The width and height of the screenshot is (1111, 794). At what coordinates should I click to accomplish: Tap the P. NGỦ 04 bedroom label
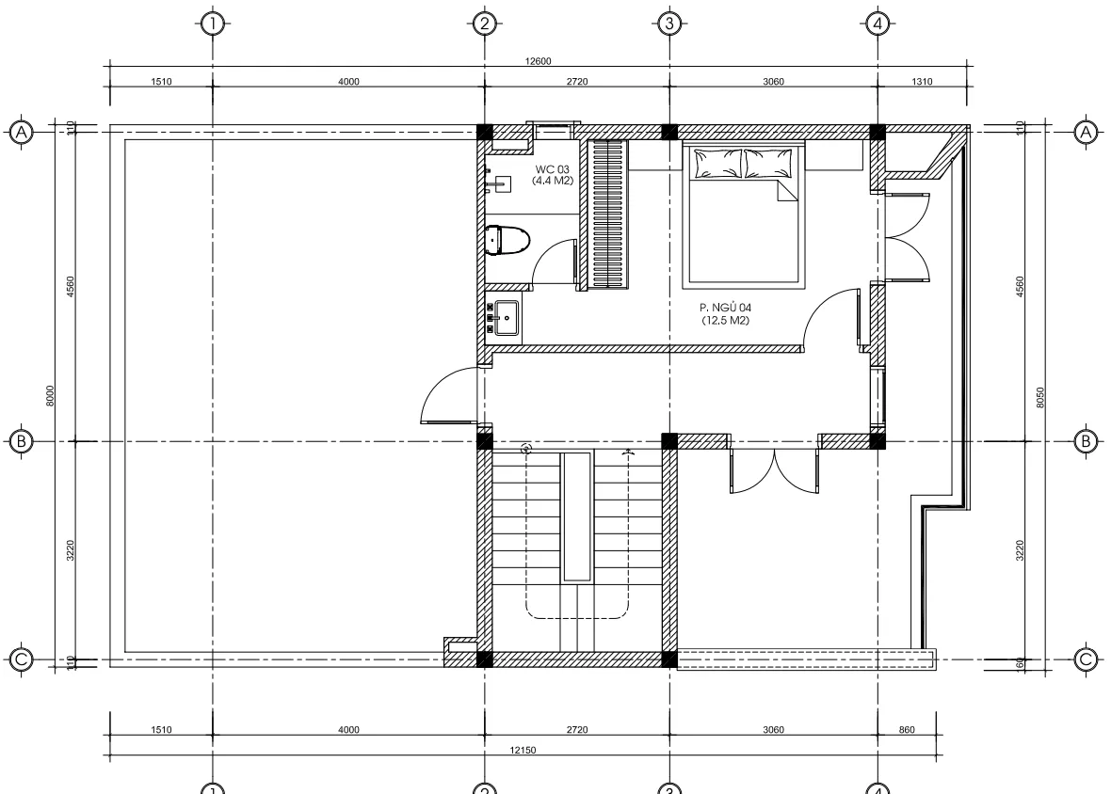725,313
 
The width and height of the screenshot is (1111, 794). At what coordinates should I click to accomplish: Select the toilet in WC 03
507,240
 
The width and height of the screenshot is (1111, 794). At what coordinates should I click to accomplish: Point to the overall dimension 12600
538,62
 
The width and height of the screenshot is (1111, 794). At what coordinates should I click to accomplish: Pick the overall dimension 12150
523,750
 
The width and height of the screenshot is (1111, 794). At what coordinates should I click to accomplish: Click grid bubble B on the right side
1087,440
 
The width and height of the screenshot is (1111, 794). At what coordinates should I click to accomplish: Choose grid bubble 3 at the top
668,23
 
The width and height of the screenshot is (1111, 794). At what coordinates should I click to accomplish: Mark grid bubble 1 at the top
213,23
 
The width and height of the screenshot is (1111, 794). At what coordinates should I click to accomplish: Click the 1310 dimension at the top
922,82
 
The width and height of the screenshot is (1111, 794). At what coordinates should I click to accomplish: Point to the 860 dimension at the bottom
907,729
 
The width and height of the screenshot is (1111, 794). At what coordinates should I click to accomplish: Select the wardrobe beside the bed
608,214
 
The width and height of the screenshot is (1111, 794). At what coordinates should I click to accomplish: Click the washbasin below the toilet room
507,318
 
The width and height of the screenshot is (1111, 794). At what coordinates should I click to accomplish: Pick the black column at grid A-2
484,132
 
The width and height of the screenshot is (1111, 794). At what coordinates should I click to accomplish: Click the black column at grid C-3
668,659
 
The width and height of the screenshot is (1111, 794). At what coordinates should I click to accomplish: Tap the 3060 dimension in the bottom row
772,729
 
